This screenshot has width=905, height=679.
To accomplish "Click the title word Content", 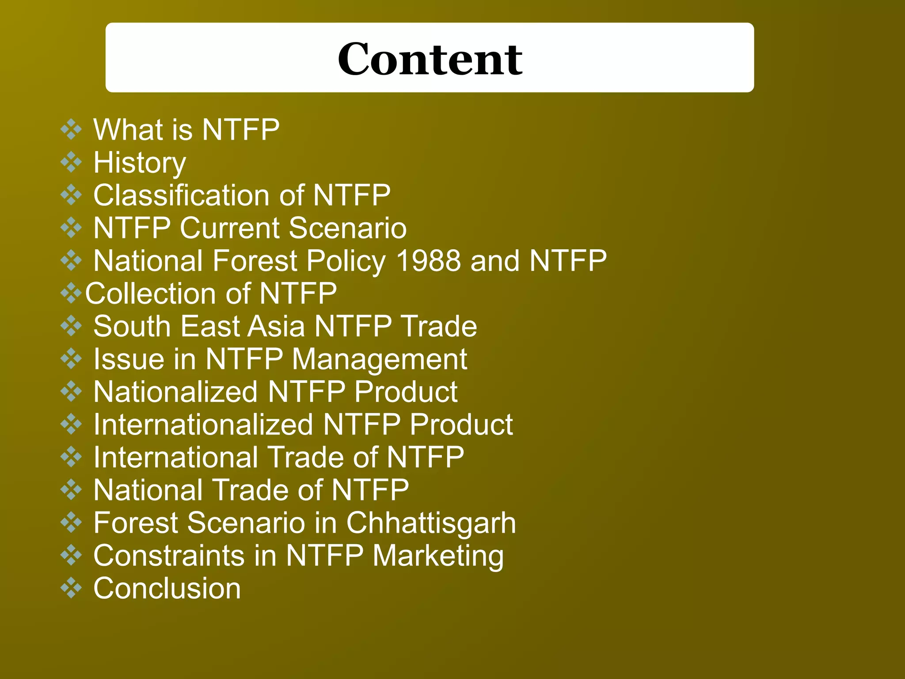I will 430,59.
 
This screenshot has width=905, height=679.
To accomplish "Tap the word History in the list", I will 140,163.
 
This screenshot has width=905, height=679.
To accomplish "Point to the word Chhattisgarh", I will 431,523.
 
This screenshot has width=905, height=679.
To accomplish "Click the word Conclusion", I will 167,588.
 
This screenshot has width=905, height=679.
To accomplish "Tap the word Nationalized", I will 175,392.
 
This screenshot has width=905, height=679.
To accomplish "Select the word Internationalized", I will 203,424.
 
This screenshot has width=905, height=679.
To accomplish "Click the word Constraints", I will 169,556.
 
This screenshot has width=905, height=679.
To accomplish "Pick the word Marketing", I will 438,556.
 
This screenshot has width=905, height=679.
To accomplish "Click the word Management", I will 380,359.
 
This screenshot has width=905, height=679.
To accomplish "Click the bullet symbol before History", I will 71,162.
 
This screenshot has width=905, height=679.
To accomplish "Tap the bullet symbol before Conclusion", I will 71,588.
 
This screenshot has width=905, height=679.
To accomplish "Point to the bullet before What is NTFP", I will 71,130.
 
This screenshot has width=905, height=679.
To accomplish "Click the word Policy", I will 346,260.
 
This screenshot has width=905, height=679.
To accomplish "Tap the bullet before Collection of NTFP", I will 71,293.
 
